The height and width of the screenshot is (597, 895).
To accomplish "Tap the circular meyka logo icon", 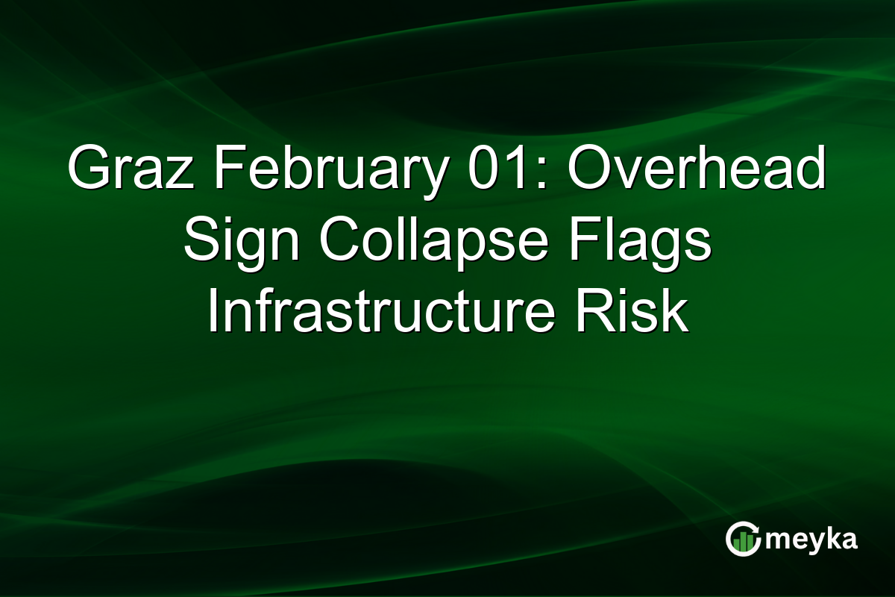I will click(x=744, y=540).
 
